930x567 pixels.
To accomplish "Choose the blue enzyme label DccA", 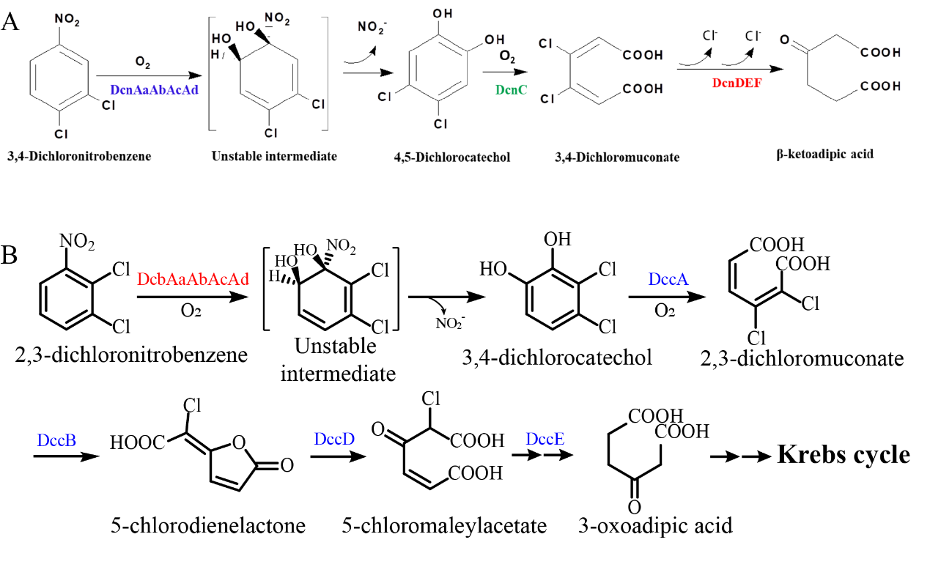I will coord(666,279).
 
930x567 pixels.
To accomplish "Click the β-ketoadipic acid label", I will coord(826,155).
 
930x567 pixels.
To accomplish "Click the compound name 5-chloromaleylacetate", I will coord(444,525).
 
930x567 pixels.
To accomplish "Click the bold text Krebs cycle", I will coord(844,455).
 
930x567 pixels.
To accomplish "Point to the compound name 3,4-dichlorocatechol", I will coord(556,358).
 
